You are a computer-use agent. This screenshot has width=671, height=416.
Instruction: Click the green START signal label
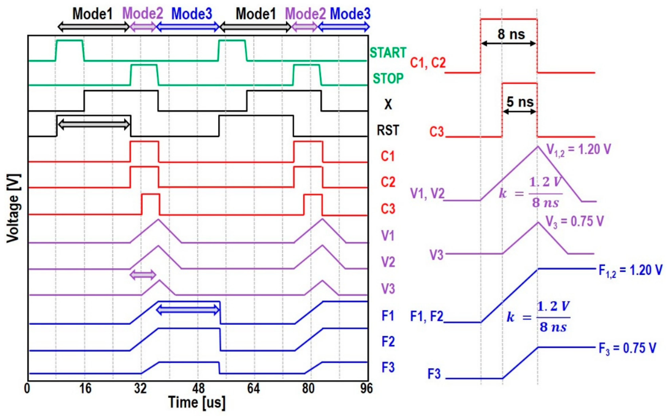point(388,52)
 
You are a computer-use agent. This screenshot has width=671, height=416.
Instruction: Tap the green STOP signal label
point(388,78)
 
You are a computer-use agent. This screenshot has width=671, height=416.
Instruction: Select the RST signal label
point(388,130)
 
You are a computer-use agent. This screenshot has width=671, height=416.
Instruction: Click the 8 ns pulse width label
point(511,34)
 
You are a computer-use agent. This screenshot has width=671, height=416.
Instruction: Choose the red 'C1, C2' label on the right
point(428,63)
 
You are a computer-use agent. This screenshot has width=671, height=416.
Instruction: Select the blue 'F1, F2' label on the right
point(427,316)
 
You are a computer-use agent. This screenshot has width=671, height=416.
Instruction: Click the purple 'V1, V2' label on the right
point(427,193)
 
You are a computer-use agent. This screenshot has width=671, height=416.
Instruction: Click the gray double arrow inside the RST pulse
point(94,124)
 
